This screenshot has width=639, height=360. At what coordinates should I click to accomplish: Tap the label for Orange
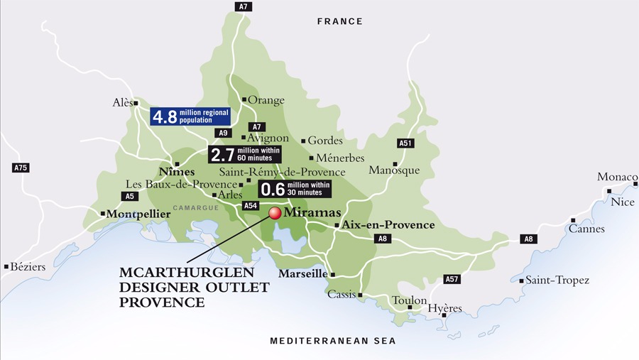(x=266, y=100)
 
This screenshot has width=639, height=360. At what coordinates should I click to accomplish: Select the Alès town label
(x=123, y=102)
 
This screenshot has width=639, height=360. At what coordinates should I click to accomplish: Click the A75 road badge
(x=21, y=168)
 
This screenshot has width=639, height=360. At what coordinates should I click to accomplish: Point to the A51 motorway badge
(x=405, y=143)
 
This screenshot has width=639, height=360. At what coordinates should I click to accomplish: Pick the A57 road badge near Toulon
(x=452, y=279)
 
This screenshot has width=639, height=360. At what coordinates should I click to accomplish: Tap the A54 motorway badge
(x=251, y=205)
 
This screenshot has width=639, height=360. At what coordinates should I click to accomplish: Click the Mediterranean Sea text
(x=333, y=342)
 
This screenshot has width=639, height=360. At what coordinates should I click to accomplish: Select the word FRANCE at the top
(x=339, y=22)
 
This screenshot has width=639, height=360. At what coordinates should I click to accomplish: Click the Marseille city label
(x=302, y=274)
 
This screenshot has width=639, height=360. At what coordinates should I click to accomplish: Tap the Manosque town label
(x=394, y=170)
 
